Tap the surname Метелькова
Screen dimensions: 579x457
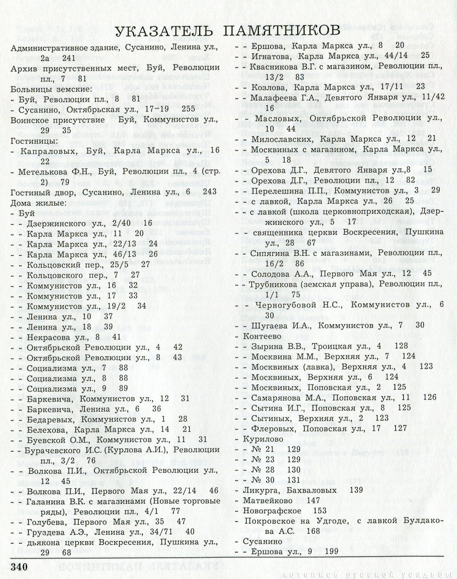tap(47, 172)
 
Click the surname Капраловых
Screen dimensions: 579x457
tap(46, 151)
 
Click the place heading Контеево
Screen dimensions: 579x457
tap(261, 335)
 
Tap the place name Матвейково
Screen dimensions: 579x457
tap(268, 500)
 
